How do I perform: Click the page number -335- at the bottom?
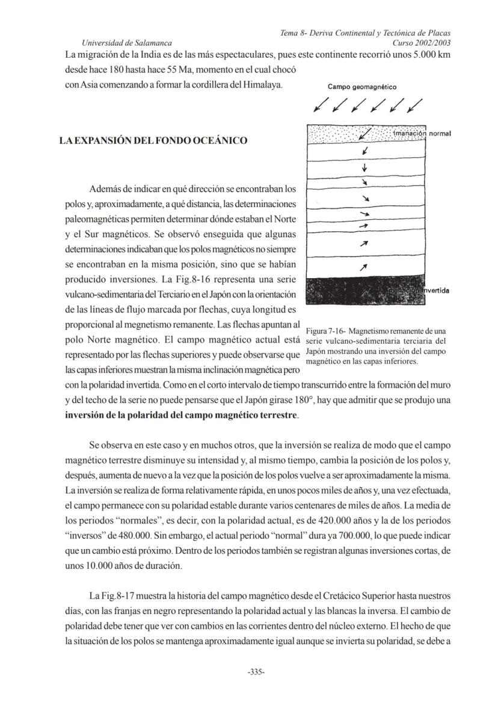(x=257, y=672)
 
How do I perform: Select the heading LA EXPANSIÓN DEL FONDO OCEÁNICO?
(x=153, y=141)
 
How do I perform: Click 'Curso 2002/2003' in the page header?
(x=421, y=43)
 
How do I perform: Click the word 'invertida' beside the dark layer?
(x=435, y=291)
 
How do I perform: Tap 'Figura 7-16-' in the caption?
(x=326, y=331)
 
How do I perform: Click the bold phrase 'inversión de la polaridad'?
(x=123, y=415)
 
